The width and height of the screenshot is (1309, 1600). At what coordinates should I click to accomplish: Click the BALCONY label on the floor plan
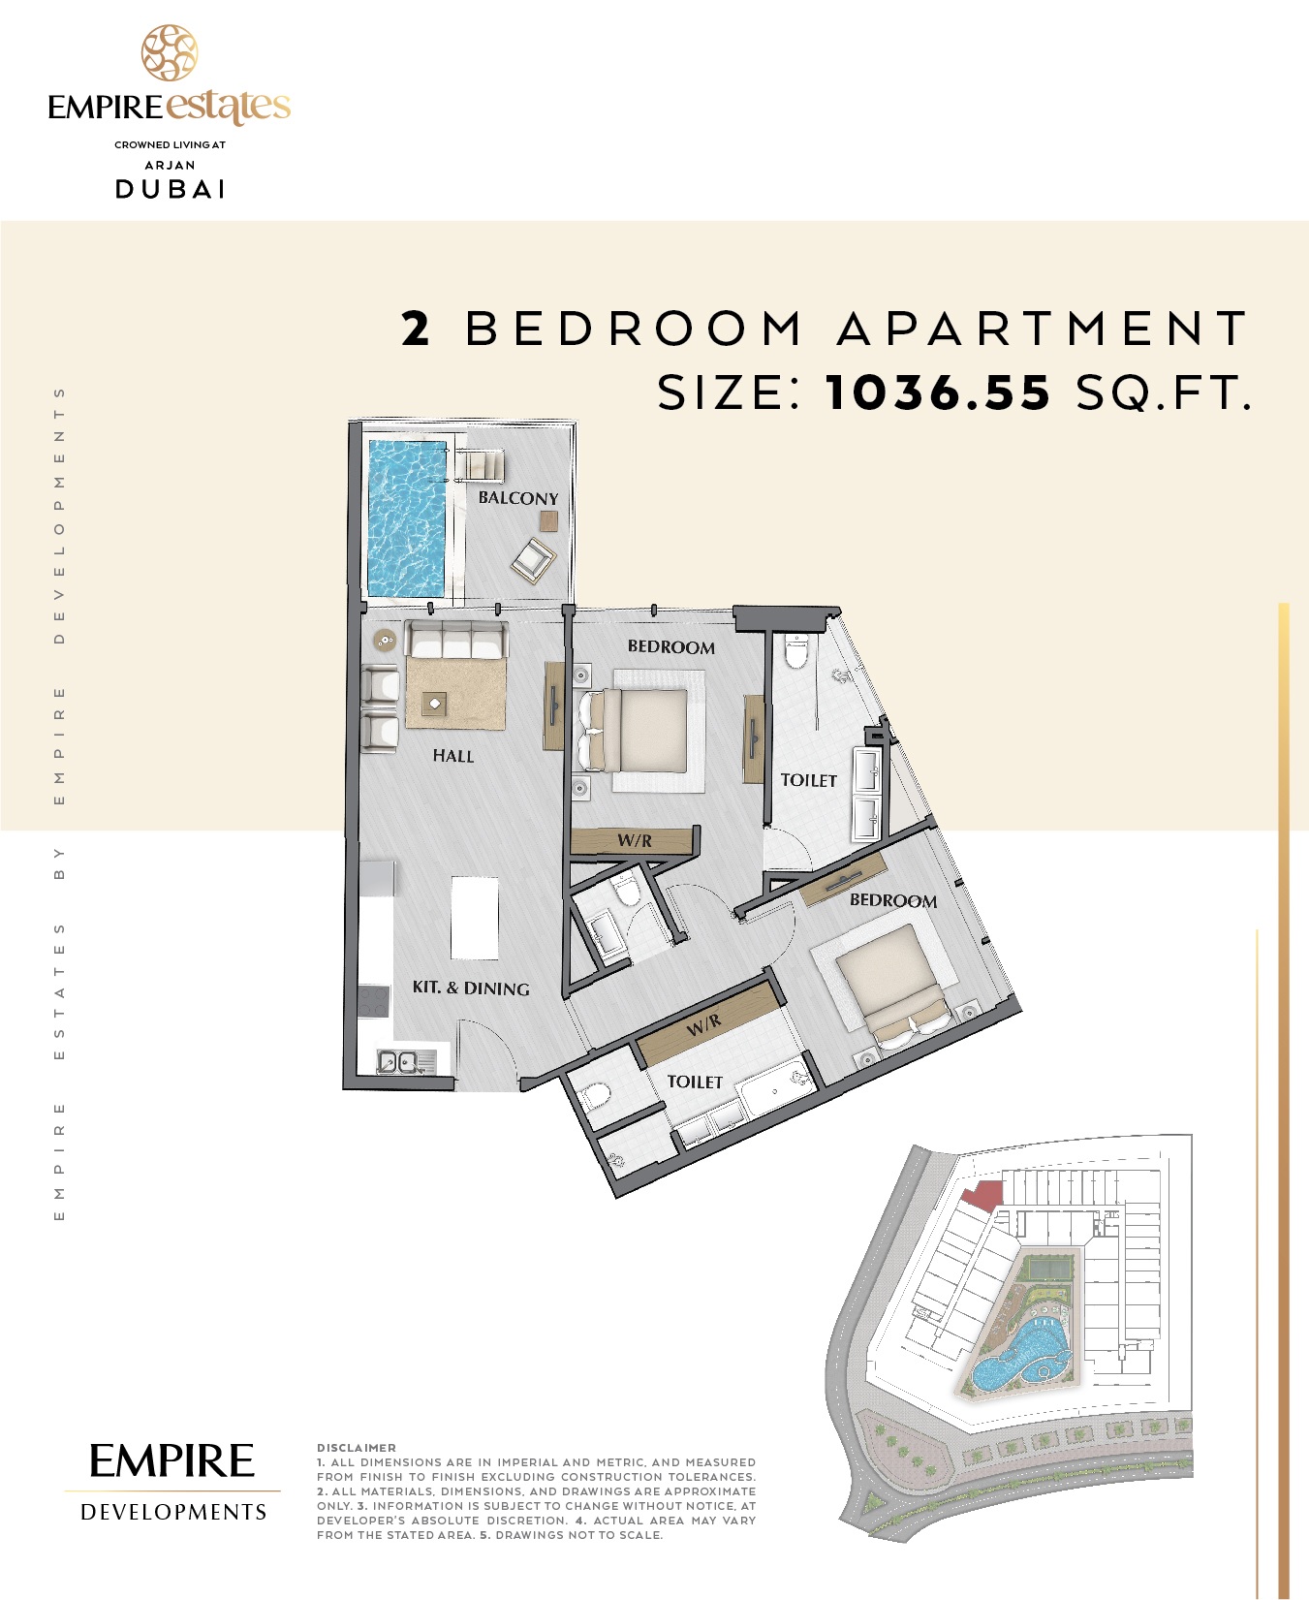click(517, 498)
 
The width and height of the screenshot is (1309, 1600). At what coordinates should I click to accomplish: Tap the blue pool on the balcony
click(406, 518)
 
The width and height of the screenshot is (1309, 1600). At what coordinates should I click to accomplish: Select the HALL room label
click(452, 756)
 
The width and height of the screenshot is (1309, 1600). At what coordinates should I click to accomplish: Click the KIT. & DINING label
click(471, 988)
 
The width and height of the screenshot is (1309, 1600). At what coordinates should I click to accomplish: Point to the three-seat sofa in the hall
click(455, 640)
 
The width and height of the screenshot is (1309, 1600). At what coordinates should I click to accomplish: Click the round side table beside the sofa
click(386, 640)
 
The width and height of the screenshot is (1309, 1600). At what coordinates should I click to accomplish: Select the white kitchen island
click(475, 917)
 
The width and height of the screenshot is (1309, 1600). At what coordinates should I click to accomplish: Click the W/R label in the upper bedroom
click(635, 840)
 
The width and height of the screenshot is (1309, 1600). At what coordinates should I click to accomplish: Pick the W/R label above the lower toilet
click(704, 1023)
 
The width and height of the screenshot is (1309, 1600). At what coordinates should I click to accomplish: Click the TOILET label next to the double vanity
click(808, 780)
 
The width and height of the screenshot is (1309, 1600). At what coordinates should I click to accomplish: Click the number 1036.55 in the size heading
click(938, 392)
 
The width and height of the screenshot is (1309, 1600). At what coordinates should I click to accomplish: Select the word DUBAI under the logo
click(171, 189)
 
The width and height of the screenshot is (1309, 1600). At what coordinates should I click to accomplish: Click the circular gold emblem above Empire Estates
click(170, 53)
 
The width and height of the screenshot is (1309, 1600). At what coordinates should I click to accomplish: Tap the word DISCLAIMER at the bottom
click(356, 1448)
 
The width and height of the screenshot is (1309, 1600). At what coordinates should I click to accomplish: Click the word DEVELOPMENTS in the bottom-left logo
click(173, 1512)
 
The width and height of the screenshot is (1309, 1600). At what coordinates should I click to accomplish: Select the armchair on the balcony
click(533, 559)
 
